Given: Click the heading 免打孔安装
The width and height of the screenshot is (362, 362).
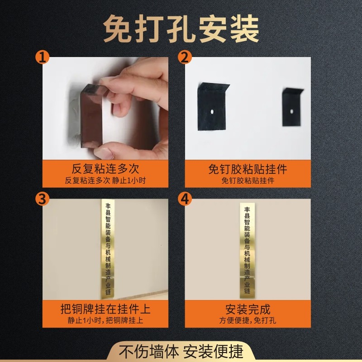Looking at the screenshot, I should [181, 29].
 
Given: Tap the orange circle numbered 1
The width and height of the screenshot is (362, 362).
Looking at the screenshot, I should [43, 57].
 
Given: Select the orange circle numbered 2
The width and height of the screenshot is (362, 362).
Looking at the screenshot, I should [185, 57].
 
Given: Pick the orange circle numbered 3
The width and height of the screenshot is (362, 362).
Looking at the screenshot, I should [43, 199].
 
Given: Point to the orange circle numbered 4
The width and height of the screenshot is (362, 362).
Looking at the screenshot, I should [185, 199].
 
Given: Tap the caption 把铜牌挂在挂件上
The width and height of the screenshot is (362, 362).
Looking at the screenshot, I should [105, 310].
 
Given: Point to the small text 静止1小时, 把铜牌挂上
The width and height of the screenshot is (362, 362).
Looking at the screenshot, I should [105, 321].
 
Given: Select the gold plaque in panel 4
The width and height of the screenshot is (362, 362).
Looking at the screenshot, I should [248, 249].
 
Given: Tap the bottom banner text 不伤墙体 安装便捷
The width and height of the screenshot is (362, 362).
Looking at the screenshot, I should [181, 351].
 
